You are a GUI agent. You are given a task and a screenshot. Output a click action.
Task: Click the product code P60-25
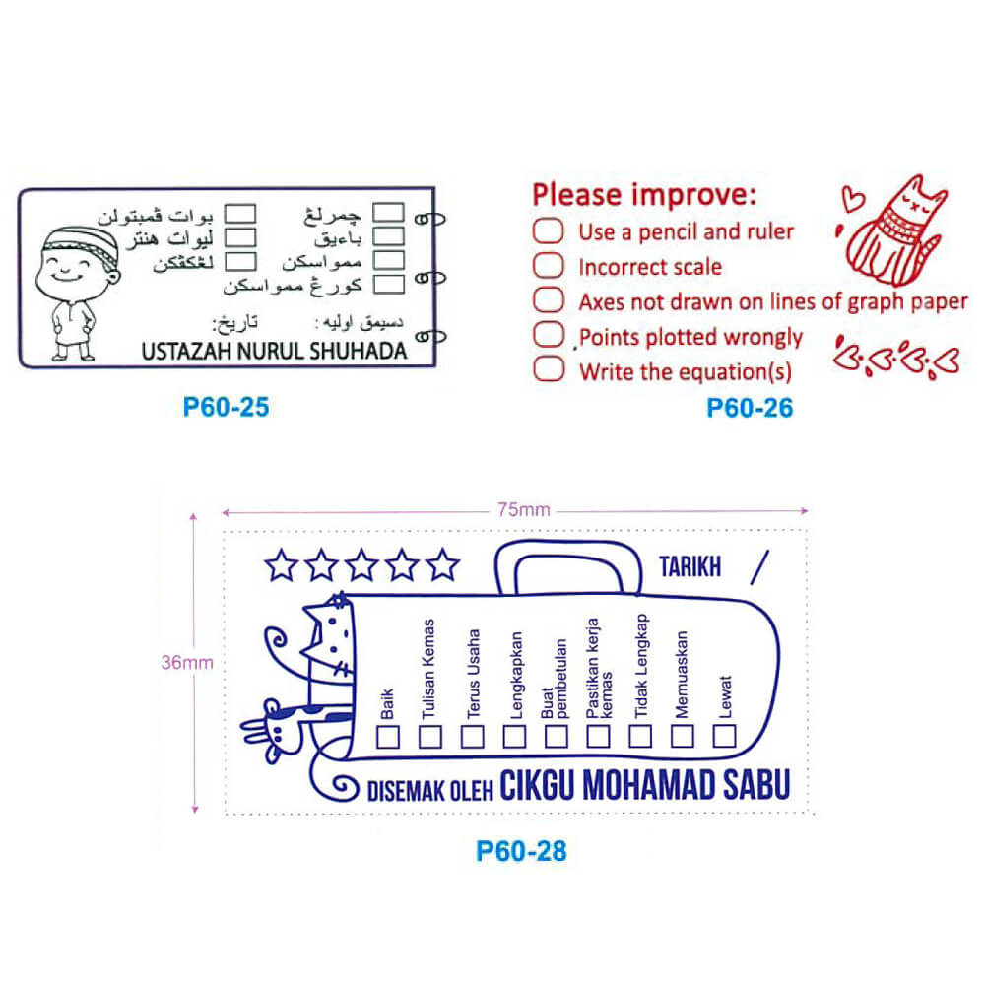(227, 406)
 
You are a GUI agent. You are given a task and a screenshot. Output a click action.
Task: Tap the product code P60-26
(750, 406)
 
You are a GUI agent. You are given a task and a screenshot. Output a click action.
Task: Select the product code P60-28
(521, 850)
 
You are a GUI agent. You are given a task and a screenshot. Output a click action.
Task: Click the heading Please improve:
(645, 194)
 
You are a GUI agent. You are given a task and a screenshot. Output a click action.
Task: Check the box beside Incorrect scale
(549, 266)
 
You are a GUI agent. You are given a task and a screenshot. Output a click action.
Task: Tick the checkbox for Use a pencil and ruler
(549, 232)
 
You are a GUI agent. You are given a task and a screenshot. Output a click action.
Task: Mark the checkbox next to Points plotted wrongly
(549, 335)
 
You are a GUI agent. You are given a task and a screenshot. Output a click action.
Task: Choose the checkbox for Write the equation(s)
(549, 370)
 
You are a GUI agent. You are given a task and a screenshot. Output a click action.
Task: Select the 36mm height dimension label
(186, 662)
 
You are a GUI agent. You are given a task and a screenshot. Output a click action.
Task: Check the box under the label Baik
(388, 736)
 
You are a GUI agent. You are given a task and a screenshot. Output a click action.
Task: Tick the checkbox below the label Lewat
(725, 736)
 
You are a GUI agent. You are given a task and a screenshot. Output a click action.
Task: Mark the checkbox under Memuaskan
(683, 736)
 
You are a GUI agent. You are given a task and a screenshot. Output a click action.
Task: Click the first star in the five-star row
(281, 565)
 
